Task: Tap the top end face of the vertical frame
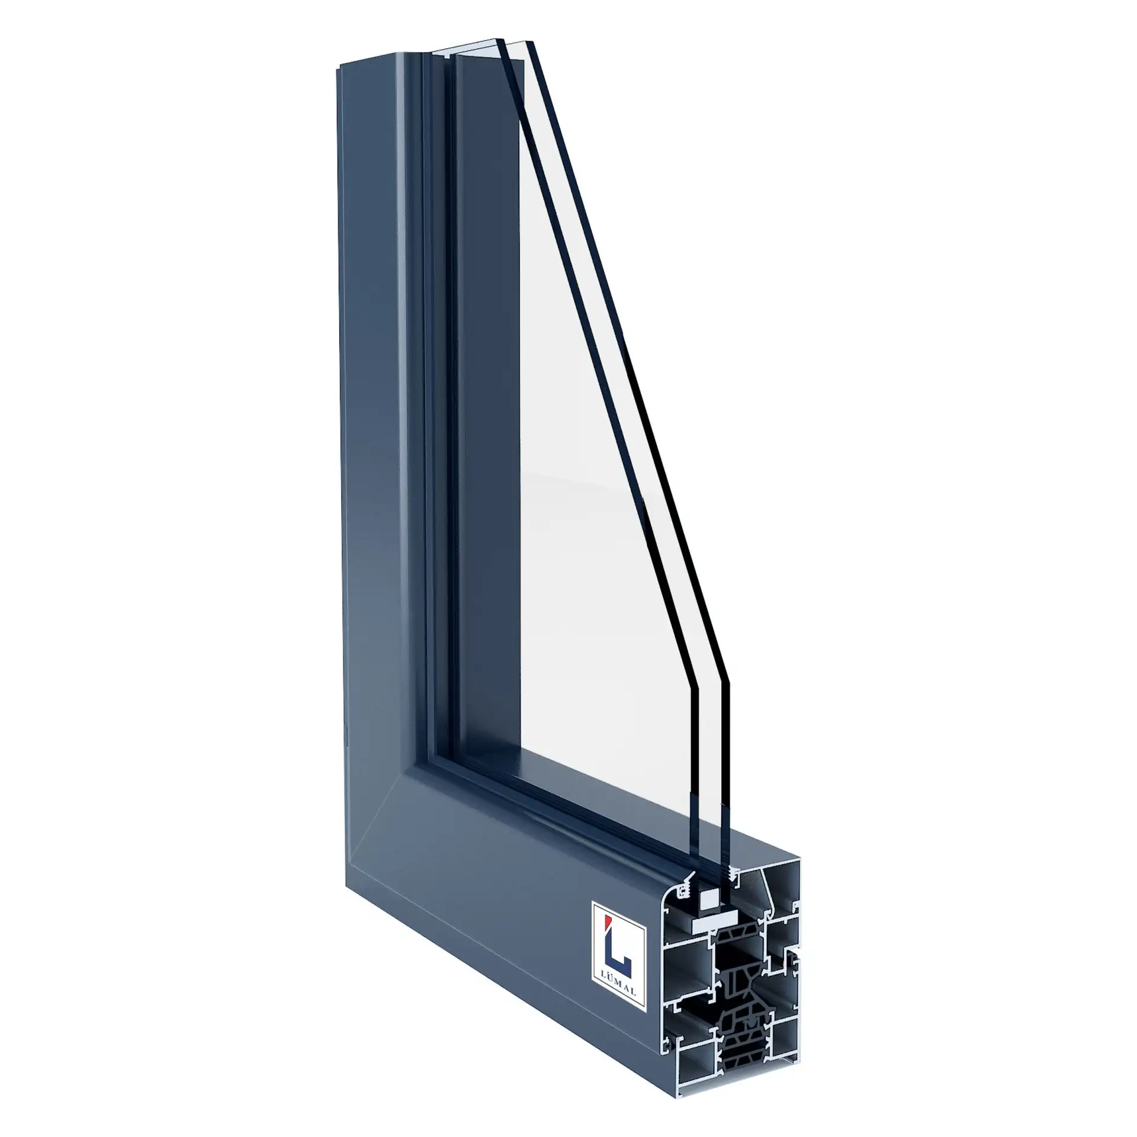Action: (x=379, y=59)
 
